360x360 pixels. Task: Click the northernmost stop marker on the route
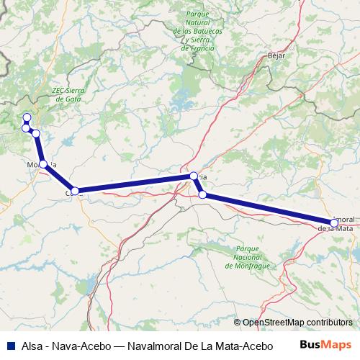pyautogui.click(x=27, y=117)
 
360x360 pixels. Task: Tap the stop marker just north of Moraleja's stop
pyautogui.click(x=35, y=134)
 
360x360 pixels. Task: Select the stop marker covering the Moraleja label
pyautogui.click(x=43, y=164)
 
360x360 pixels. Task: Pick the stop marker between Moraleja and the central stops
pyautogui.click(x=75, y=191)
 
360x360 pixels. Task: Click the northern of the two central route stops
pyautogui.click(x=193, y=176)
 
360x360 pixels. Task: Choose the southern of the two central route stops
pyautogui.click(x=202, y=194)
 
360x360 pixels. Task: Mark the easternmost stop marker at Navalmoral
pyautogui.click(x=333, y=222)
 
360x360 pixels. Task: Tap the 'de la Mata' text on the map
pyautogui.click(x=335, y=229)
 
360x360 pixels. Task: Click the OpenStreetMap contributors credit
pyautogui.click(x=297, y=322)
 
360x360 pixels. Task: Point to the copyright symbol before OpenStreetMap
pyautogui.click(x=238, y=322)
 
